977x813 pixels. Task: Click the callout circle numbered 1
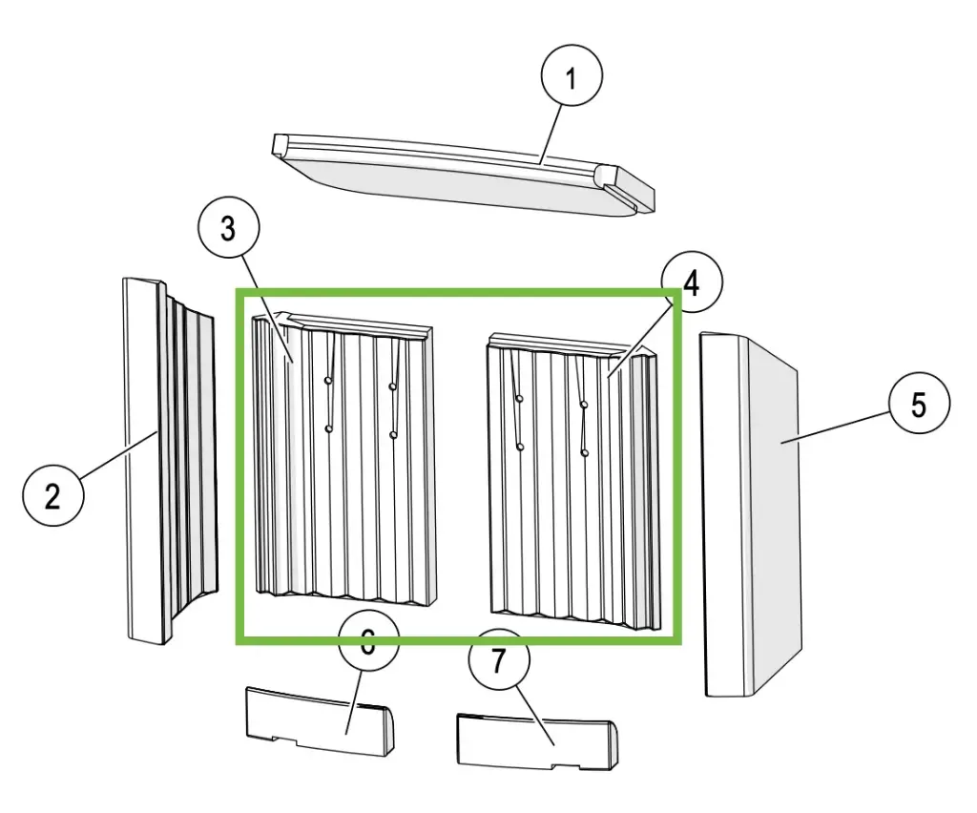pyautogui.click(x=572, y=79)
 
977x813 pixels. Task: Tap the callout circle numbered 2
pyautogui.click(x=52, y=495)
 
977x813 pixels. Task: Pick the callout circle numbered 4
pyautogui.click(x=691, y=284)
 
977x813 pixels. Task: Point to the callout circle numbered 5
pyautogui.click(x=918, y=405)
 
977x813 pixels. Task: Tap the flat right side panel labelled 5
pyautogui.click(x=763, y=515)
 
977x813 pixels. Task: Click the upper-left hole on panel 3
pyautogui.click(x=327, y=381)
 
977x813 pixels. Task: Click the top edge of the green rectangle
pyautogui.click(x=458, y=292)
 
